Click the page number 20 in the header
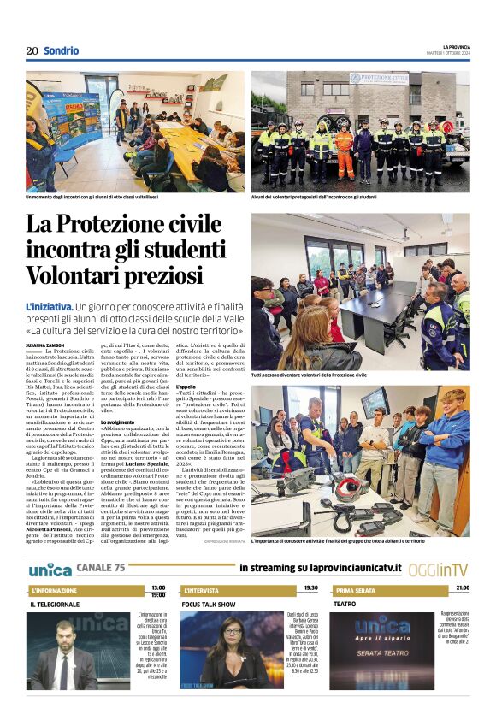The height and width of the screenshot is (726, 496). (x=32, y=50)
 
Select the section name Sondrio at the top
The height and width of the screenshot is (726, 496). (x=61, y=50)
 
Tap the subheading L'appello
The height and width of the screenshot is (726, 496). (x=186, y=387)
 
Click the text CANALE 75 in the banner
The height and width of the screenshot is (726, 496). (x=101, y=568)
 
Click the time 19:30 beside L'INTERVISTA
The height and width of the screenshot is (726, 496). (x=310, y=588)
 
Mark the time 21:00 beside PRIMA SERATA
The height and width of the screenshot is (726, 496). (x=462, y=588)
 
